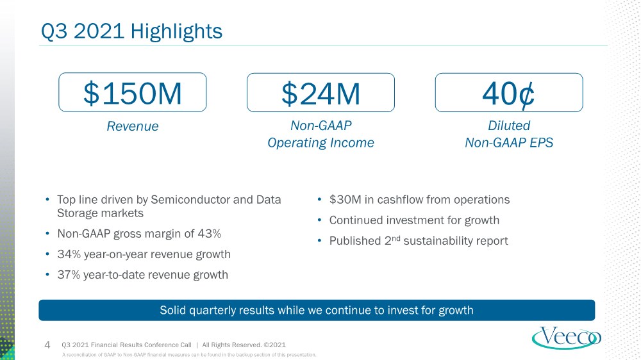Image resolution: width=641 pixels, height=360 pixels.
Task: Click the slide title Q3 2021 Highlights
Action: coord(131,31)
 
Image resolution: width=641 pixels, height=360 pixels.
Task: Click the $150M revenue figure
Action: coord(133,94)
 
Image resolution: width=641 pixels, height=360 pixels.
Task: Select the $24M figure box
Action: coord(320,92)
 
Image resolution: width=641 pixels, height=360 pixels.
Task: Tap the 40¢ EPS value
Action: coord(508,94)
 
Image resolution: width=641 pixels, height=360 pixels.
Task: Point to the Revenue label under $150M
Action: coord(133,126)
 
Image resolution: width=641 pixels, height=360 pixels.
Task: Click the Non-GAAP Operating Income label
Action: coord(320,134)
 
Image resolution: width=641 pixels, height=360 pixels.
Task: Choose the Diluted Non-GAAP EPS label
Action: coord(509,134)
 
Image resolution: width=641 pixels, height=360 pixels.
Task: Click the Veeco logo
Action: coord(566,338)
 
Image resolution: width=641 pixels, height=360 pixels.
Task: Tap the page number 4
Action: coord(47,345)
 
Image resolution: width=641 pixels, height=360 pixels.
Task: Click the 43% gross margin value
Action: coord(210,233)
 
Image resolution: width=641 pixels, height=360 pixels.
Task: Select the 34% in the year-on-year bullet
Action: coord(69,254)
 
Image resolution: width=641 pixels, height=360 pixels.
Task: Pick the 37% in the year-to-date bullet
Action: coord(69,275)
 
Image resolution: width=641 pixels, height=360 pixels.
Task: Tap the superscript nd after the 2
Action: coord(395,238)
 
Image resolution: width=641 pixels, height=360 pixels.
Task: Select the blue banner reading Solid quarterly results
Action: coord(317,310)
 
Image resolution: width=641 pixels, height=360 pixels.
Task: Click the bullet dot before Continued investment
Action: coord(320,220)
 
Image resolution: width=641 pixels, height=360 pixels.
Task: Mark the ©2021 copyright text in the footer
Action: coord(275,345)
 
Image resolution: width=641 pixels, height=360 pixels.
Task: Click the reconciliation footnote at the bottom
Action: coord(189,355)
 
